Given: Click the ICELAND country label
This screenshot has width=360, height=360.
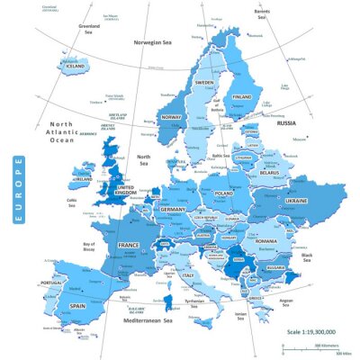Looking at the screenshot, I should pos(75,66).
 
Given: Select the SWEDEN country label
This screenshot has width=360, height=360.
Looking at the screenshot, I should pos(206,82).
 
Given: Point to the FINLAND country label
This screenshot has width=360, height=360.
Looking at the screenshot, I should pos(242,96).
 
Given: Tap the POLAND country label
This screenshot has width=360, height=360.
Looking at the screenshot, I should pos(223,193).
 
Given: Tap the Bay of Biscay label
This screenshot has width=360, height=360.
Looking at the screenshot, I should pos(89,248).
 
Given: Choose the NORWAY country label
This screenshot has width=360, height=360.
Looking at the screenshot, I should pos(172,118).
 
